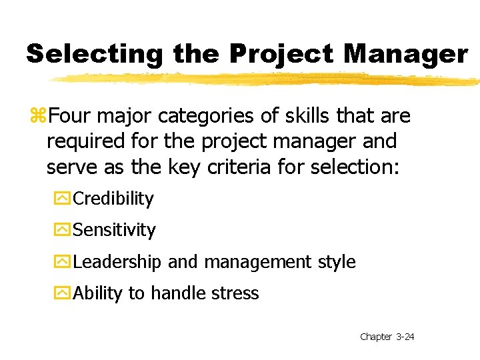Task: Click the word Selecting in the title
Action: tap(95, 55)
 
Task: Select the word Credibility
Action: tap(113, 199)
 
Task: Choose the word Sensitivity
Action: tap(114, 230)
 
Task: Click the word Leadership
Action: tap(117, 262)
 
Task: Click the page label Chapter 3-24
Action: tap(387, 337)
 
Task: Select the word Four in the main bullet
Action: tap(70, 117)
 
